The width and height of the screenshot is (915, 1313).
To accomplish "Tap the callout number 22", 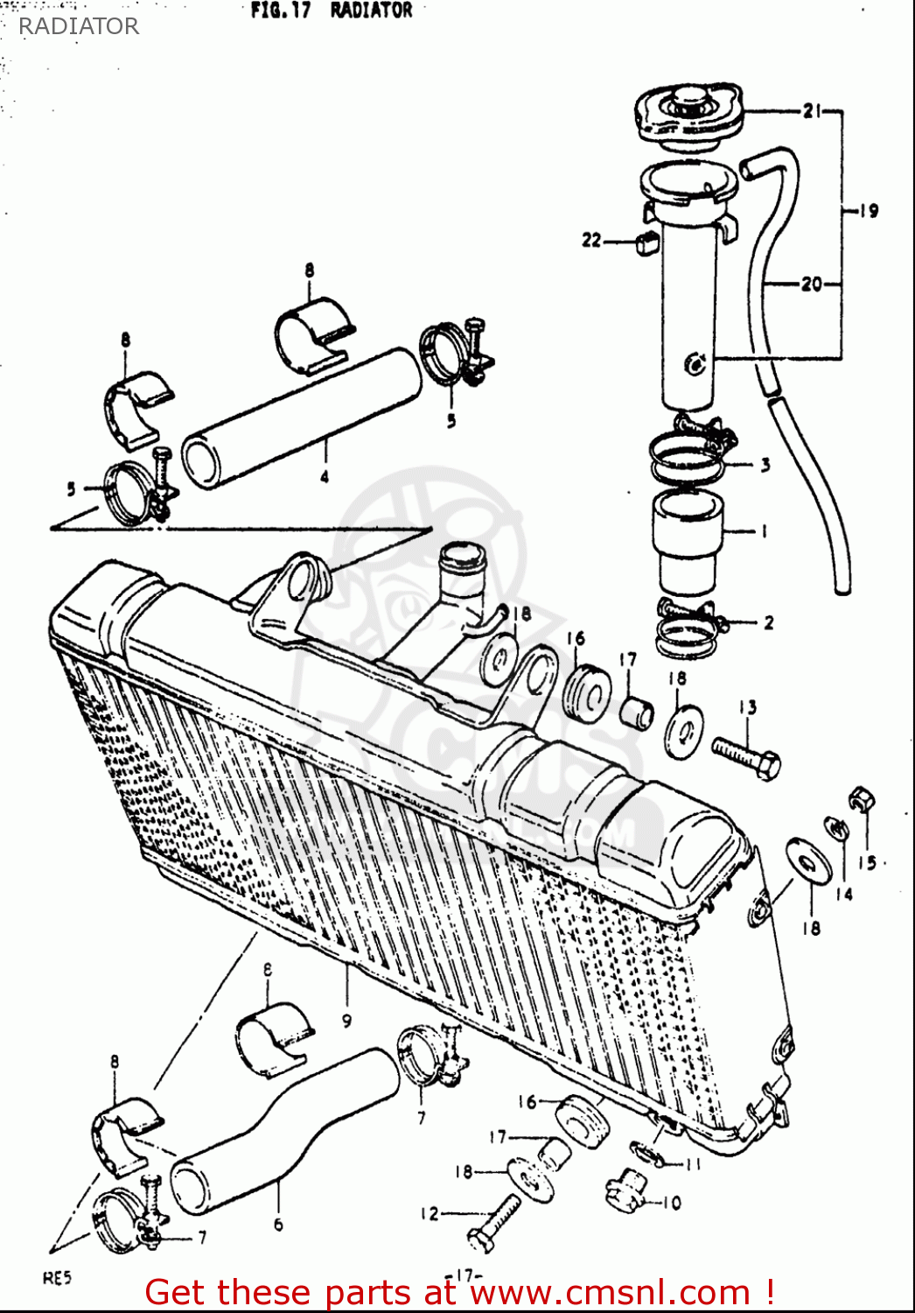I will pyautogui.click(x=592, y=239).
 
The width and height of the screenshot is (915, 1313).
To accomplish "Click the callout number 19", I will pyautogui.click(x=867, y=211).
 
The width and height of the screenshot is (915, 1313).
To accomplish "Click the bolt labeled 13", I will pyautogui.click(x=746, y=756).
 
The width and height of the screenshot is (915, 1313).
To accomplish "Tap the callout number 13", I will pyautogui.click(x=747, y=707).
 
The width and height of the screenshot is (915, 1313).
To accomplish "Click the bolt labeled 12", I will pyautogui.click(x=495, y=1222).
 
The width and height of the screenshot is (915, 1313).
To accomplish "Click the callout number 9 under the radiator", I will pyautogui.click(x=346, y=1020).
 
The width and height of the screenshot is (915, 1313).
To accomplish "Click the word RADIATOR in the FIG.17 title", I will pyautogui.click(x=371, y=11).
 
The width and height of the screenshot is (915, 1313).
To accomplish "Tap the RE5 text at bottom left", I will pyautogui.click(x=57, y=1278).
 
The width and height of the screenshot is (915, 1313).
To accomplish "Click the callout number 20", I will pyautogui.click(x=811, y=284).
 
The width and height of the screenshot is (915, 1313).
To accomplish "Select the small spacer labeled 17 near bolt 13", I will pyautogui.click(x=637, y=712).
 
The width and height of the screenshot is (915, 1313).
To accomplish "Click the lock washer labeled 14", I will pyautogui.click(x=836, y=827).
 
